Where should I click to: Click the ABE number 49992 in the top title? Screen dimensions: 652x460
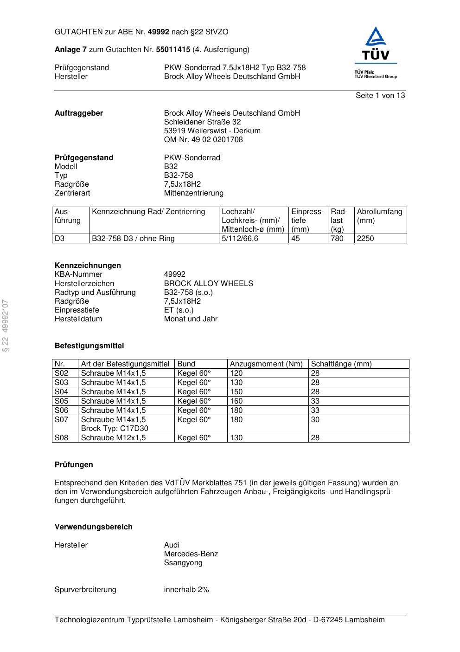tap(158, 32)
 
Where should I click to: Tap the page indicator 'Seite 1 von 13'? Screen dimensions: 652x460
tap(380, 96)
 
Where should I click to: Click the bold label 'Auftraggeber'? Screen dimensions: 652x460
tap(79, 113)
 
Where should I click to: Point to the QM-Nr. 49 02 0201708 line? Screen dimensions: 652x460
tap(203, 140)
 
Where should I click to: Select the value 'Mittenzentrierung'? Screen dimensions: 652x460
tap(193, 193)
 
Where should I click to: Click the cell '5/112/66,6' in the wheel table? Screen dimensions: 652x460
tap(240, 239)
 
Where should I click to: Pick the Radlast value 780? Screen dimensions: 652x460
tap(337, 239)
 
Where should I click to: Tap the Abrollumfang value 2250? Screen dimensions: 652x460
tap(365, 239)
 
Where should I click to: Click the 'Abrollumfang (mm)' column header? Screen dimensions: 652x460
tap(379, 216)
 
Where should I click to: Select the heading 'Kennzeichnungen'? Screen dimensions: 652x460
tap(88, 266)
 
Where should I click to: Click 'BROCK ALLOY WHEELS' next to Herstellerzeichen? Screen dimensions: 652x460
tap(208, 284)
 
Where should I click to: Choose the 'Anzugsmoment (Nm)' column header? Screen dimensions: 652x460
tap(266, 364)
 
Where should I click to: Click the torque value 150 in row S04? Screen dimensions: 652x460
tap(236, 392)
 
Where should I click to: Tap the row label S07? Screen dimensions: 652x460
tap(61, 420)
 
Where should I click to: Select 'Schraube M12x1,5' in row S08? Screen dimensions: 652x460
tap(113, 438)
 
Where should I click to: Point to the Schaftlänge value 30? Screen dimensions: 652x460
tap(315, 420)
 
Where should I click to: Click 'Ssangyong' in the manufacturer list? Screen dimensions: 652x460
tap(183, 563)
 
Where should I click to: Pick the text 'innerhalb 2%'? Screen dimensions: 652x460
tap(186, 590)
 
